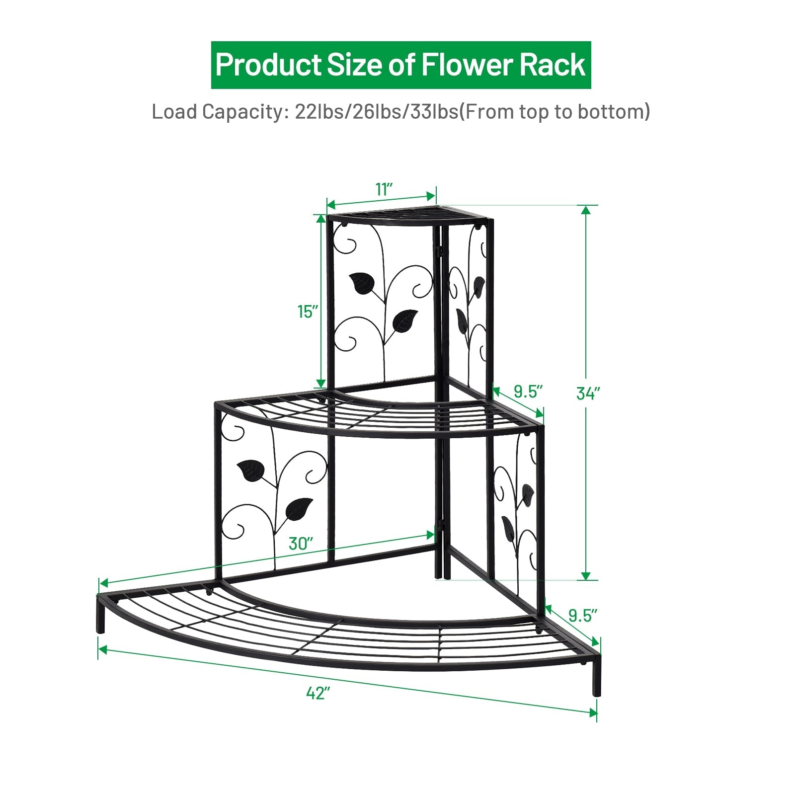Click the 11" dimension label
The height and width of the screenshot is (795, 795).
coord(384,189)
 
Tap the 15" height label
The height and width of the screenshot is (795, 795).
coord(307,312)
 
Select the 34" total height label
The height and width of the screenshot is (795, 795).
coord(588,393)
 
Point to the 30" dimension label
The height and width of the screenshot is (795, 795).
coord(301,544)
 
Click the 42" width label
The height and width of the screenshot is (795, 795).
coord(318,693)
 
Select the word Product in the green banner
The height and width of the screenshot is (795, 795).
coord(268,65)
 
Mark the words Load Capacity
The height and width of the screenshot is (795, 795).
coord(217,112)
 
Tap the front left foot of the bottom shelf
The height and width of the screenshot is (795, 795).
coord(101,618)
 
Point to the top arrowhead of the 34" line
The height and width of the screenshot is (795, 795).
coord(586,210)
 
